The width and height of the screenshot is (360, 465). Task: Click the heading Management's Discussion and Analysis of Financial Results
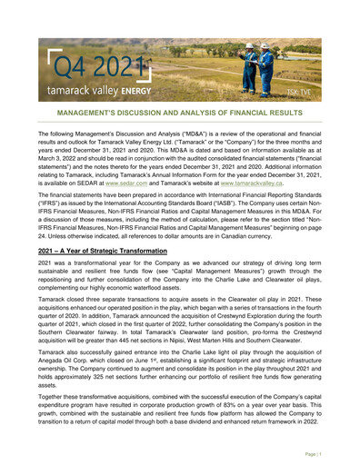coord(179,116)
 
